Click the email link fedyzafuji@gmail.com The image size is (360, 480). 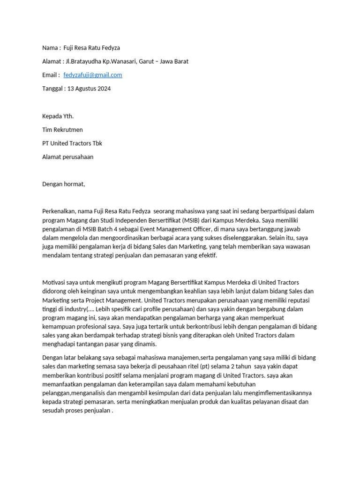(92, 75)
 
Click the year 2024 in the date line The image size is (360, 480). (103, 89)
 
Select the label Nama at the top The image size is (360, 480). (50, 48)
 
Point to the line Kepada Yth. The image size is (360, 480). (58, 116)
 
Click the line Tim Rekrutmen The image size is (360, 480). (62, 130)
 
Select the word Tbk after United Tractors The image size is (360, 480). (97, 143)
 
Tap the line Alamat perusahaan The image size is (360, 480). (67, 157)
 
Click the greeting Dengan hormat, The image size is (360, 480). (64, 184)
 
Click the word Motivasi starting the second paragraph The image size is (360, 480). (54, 282)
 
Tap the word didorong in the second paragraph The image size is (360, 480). (54, 291)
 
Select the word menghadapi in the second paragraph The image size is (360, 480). (59, 345)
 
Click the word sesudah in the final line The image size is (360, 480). (52, 411)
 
